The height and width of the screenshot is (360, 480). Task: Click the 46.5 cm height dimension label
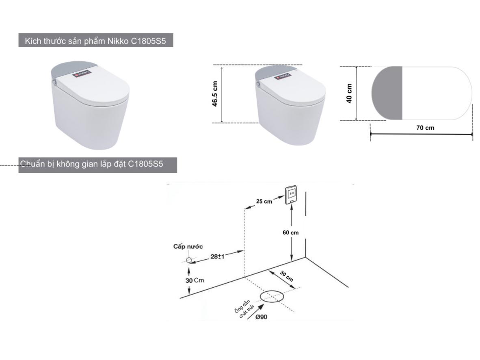[215, 94]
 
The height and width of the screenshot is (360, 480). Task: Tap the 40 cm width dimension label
[349, 93]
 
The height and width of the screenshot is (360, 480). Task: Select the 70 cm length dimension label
[425, 128]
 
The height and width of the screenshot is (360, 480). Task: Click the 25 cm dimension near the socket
[264, 201]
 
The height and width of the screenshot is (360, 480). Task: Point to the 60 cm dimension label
[290, 232]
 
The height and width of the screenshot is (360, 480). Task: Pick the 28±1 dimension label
[217, 256]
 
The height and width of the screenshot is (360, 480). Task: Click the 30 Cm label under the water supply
[195, 280]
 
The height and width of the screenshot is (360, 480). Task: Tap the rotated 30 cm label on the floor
[287, 276]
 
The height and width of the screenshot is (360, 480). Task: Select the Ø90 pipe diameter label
[261, 317]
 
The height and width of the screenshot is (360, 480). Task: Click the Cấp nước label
[188, 246]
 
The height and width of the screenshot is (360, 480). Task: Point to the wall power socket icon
[291, 195]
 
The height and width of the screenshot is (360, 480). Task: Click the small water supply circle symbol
[189, 260]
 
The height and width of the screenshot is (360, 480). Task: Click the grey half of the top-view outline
[387, 93]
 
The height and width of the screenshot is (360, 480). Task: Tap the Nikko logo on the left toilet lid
[82, 73]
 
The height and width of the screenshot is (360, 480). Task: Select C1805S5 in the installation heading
[145, 164]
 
